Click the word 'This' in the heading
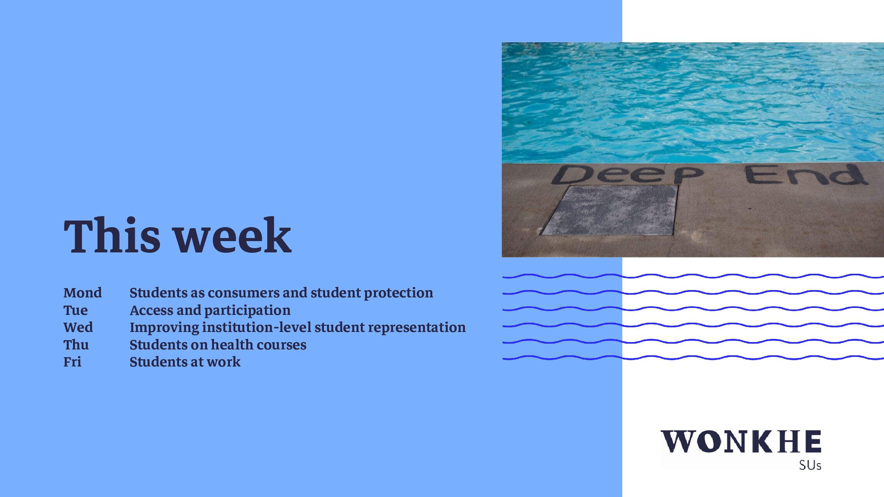coord(112,235)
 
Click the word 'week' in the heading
coord(233,235)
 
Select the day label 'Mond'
coord(83,293)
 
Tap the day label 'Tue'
coord(76,310)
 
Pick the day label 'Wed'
coord(78,327)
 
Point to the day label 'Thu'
coord(76,345)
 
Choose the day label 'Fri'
coord(73,362)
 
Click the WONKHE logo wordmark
coord(741,441)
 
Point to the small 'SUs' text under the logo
coord(810,465)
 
